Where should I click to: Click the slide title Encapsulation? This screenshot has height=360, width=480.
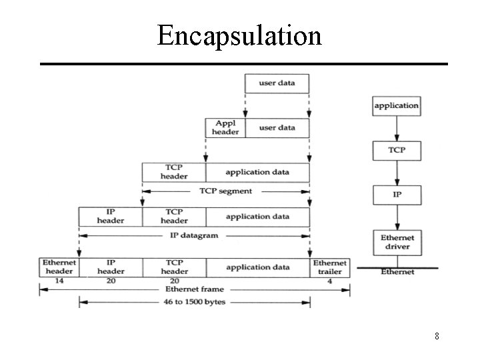coord(239,35)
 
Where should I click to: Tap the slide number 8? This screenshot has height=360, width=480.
coord(437,336)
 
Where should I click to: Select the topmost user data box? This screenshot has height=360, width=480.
coord(277,83)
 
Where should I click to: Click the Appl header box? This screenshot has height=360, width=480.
coord(225,127)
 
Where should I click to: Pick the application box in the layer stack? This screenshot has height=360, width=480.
coord(397,105)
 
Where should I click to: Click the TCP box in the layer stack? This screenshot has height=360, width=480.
coord(397,150)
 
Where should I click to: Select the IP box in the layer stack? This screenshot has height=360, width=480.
coord(397,195)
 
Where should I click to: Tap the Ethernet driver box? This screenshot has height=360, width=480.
coord(397,242)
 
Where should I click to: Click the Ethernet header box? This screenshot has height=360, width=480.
coord(59,267)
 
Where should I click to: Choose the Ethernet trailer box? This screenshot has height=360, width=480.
coord(330,267)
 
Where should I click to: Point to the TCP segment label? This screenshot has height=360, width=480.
coord(226,191)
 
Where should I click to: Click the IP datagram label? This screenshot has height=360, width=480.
coord(193,235)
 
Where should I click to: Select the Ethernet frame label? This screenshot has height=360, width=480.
coord(194,289)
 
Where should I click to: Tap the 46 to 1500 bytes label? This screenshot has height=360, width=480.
coord(195,303)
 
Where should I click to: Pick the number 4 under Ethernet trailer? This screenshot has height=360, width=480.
coord(329,281)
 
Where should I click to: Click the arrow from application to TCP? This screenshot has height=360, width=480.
coord(397,127)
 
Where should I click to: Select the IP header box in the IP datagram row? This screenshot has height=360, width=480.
coord(111,217)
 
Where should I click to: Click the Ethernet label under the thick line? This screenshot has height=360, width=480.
coord(397,272)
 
